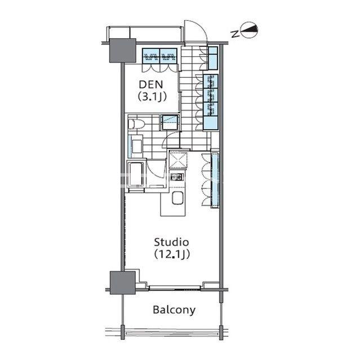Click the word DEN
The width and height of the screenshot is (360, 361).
tap(151, 85)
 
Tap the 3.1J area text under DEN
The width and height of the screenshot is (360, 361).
tap(152, 96)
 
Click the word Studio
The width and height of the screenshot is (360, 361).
tap(171, 242)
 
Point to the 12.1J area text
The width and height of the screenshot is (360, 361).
tap(172, 254)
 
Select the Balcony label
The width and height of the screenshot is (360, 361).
tap(174, 310)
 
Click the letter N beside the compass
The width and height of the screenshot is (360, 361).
tap(234, 34)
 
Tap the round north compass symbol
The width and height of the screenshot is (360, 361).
tap(249, 30)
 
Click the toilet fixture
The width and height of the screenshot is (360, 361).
tap(136, 124)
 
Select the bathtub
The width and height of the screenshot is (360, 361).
tap(136, 175)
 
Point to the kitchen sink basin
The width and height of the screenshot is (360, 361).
tap(177, 198)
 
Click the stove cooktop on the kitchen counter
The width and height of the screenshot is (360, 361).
tap(176, 177)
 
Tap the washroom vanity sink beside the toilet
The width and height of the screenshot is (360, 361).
tap(136, 146)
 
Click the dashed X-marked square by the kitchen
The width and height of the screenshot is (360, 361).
tap(178, 159)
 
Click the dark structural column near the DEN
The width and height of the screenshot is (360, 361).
tap(122, 50)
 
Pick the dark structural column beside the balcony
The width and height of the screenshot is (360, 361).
tap(122, 283)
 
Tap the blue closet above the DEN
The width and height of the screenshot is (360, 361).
tap(159, 56)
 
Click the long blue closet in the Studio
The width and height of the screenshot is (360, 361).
tap(215, 179)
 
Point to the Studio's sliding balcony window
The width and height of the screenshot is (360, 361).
tap(175, 288)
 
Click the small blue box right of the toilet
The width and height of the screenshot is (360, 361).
tap(170, 122)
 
